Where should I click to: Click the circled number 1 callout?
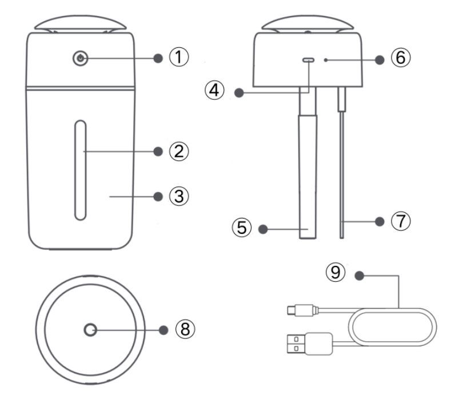(178, 57)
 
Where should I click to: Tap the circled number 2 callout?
(178, 151)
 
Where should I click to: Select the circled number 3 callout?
(178, 196)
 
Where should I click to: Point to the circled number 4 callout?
(217, 91)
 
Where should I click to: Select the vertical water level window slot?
(81, 169)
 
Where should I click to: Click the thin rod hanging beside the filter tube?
(342, 171)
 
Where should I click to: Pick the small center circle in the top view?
(90, 329)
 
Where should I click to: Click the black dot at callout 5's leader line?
(264, 229)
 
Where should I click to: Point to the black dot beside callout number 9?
(359, 276)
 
